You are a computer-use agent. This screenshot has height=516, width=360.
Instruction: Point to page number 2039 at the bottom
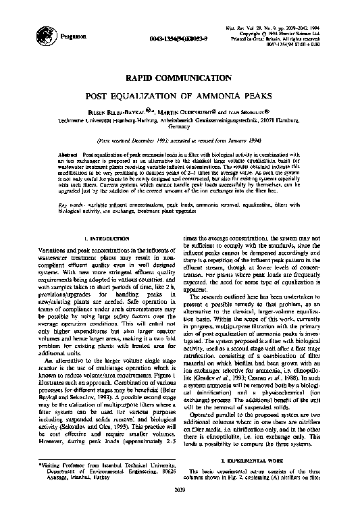[x=179, y=508]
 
